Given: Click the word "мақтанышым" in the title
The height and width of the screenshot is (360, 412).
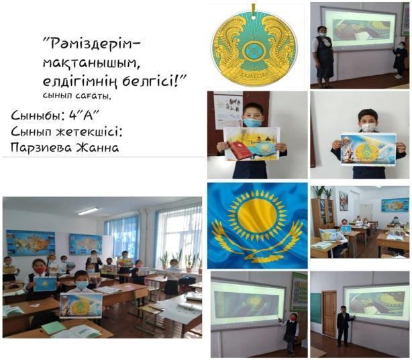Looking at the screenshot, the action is [91, 62].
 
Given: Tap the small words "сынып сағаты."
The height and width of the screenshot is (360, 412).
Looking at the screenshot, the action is [77, 96].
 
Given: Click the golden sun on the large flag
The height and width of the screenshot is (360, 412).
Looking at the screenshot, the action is [257, 215].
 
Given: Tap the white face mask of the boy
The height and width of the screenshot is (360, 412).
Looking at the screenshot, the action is [368, 127].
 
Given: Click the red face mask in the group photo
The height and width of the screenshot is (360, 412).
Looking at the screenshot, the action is [40, 271].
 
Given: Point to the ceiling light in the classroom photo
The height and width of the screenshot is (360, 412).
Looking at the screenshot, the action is [89, 212].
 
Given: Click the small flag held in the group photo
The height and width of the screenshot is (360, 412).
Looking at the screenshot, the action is [45, 283].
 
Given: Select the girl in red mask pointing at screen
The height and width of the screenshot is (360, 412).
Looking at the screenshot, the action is [291, 332].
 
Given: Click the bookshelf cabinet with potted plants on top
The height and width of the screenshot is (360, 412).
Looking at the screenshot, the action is [323, 214].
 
